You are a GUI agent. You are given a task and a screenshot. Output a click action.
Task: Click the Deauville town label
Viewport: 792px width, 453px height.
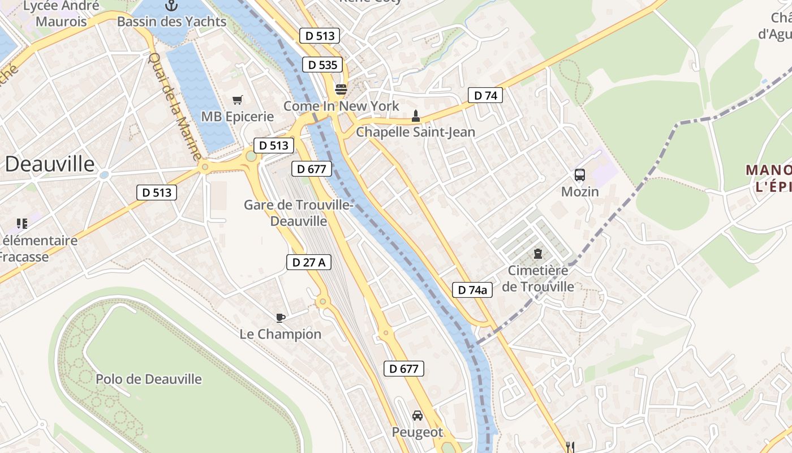(x=50, y=164)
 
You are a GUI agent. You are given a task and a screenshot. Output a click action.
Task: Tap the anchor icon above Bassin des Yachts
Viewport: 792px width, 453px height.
(x=171, y=6)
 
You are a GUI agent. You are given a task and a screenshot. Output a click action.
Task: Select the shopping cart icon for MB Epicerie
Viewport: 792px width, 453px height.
(x=238, y=100)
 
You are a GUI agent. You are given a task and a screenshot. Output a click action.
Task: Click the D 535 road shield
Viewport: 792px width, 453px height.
(x=323, y=65)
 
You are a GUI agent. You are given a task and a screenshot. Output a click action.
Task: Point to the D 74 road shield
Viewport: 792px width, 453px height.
(x=485, y=96)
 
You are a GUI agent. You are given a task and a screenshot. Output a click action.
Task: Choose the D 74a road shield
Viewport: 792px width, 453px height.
(x=472, y=290)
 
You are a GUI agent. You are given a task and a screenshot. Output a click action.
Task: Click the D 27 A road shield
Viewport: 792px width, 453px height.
(x=309, y=262)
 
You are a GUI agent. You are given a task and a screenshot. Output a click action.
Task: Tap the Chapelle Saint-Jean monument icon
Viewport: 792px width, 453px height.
(x=416, y=116)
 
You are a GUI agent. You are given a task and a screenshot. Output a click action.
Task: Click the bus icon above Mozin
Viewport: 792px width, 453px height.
(x=580, y=175)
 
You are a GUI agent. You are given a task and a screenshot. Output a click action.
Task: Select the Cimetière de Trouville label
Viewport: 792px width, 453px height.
(x=538, y=279)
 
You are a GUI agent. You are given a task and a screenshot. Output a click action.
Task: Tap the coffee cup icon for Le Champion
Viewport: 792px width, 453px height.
(x=281, y=318)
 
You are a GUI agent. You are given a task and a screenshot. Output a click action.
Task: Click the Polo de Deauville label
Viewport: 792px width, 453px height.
(x=149, y=379)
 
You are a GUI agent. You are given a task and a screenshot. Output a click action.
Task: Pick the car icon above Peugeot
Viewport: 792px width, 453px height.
(x=417, y=416)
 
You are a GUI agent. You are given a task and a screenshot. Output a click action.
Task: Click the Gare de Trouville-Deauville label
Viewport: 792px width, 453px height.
(x=299, y=212)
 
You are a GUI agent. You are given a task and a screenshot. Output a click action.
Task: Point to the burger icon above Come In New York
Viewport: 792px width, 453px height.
(x=341, y=89)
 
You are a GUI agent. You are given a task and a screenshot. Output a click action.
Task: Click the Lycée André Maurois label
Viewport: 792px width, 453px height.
(x=61, y=14)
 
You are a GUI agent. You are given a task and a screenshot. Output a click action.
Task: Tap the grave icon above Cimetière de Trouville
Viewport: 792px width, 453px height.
(x=537, y=254)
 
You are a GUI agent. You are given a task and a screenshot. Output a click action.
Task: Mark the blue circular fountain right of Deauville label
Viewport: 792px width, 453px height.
(x=104, y=175)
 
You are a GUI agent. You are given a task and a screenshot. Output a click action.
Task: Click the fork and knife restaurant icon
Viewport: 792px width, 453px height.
(x=570, y=447)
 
